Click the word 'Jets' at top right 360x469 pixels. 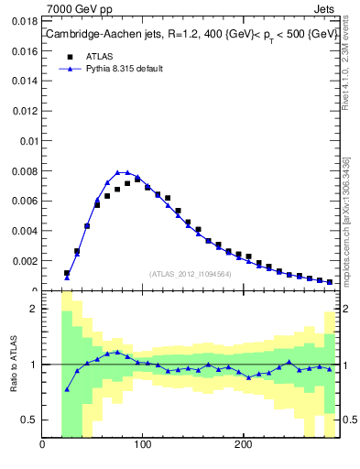click(327, 8)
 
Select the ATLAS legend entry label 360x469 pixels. click(100, 56)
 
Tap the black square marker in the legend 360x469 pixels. click(69, 56)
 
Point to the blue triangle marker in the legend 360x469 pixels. click(69, 69)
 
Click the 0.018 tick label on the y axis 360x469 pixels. click(23, 17)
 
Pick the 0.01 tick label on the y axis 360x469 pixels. click(27, 139)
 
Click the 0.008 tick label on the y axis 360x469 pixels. click(23, 170)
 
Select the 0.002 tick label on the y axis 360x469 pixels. click(23, 261)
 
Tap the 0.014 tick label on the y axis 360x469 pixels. click(23, 79)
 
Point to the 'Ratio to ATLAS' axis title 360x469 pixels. click(14, 364)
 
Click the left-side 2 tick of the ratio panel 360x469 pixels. click(33, 309)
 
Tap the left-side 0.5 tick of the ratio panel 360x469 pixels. click(28, 420)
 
